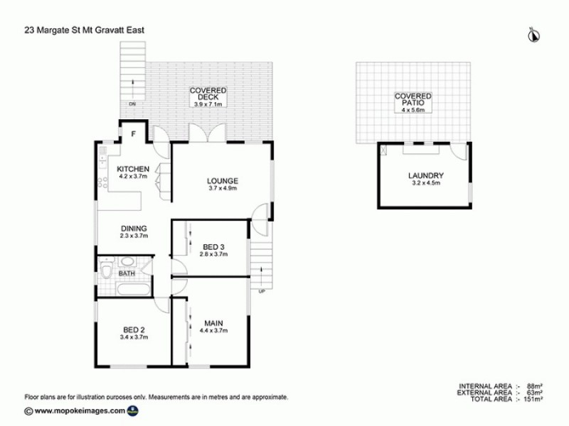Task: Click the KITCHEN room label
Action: tap(132, 168)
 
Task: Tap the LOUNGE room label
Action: tap(222, 180)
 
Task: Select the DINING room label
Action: tap(133, 228)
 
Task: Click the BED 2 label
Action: tap(134, 331)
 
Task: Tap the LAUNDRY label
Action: tap(426, 175)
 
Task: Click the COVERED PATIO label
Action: tap(413, 100)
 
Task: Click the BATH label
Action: tap(127, 273)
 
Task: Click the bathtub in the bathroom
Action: tap(132, 290)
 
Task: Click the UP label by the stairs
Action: tap(261, 291)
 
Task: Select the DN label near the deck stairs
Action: tap(132, 104)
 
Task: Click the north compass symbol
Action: tap(533, 33)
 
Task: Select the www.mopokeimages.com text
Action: tap(80, 411)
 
